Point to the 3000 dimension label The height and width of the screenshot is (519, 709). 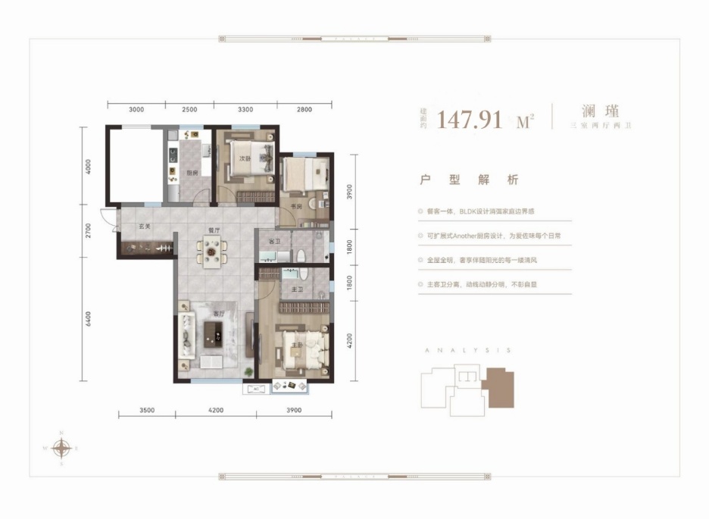click(136, 110)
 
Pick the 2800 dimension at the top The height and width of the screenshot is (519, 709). click(305, 110)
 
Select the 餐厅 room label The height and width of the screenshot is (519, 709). click(214, 230)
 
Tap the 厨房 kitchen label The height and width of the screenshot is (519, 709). click(192, 173)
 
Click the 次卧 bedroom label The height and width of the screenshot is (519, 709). click(244, 158)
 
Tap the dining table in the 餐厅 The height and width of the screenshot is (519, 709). click(214, 251)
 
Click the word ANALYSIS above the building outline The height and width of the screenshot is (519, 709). click(466, 351)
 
